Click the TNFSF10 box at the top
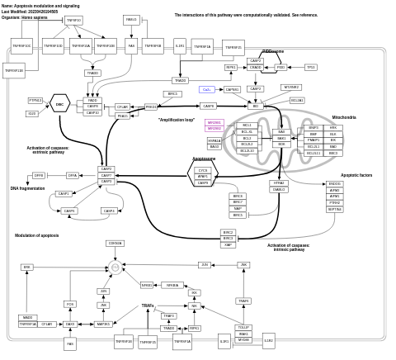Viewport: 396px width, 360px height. click(x=73, y=20)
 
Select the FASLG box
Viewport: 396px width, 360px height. click(x=131, y=19)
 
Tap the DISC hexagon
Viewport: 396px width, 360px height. click(x=59, y=105)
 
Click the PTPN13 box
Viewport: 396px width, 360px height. click(x=35, y=101)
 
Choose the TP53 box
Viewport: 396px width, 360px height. click(x=310, y=67)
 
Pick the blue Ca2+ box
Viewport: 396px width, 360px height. click(x=208, y=89)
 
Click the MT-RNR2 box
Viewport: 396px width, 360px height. click(x=290, y=87)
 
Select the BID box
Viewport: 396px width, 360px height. click(x=256, y=106)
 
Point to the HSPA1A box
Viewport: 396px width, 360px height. click(x=214, y=140)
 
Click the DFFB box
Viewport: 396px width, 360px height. click(x=39, y=175)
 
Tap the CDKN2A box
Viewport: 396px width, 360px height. click(x=115, y=243)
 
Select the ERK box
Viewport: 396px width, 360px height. click(x=27, y=268)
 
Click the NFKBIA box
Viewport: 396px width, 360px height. click(x=172, y=285)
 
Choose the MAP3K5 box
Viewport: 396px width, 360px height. click(x=103, y=324)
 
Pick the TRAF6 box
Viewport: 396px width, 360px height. click(x=169, y=315)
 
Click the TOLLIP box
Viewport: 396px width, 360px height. click(x=243, y=327)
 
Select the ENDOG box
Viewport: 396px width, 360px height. click(x=334, y=183)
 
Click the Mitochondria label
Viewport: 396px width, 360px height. click(x=344, y=117)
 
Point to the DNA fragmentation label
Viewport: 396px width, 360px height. click(x=28, y=188)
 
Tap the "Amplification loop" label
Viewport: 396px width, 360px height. click(x=177, y=120)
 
